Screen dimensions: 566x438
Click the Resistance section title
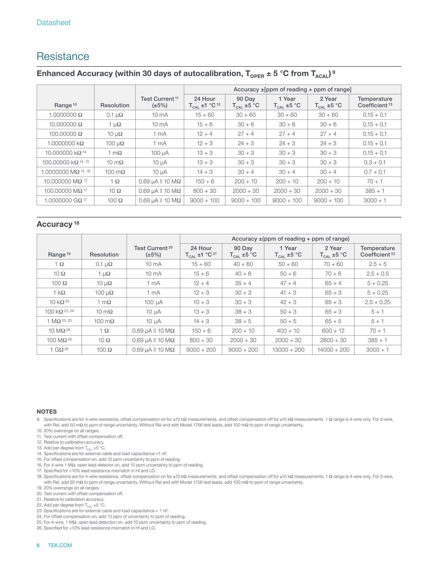point(63,56)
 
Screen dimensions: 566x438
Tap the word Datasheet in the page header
point(53,23)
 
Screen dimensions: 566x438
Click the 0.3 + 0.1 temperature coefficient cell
point(374,162)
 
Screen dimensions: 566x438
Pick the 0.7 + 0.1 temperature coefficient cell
point(374,172)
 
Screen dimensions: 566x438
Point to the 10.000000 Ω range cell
point(65,124)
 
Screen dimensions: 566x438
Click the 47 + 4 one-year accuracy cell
point(288,283)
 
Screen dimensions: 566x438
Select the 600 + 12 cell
point(333,331)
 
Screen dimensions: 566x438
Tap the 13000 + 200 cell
point(288,350)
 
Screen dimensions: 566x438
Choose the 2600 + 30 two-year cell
point(333,340)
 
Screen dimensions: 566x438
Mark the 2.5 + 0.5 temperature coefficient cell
point(378,274)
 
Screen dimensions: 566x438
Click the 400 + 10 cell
point(288,331)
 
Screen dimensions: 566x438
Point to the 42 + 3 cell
point(288,302)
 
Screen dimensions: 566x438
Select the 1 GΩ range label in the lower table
point(59,350)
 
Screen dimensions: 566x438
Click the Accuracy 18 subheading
point(58,224)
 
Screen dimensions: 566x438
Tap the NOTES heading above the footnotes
point(47,412)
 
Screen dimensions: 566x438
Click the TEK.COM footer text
point(60,545)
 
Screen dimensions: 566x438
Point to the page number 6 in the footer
point(38,545)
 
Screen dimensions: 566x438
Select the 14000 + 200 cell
point(333,350)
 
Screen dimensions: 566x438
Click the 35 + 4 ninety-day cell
point(243,283)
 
